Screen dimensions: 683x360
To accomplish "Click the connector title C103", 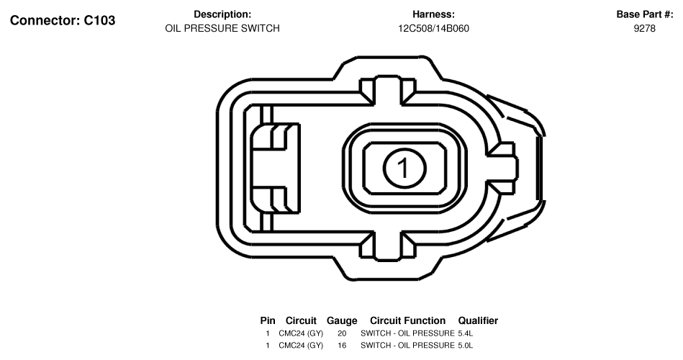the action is click(63, 20).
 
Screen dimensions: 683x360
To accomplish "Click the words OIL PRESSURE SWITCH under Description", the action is click(222, 28).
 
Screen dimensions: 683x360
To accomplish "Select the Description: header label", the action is click(222, 14).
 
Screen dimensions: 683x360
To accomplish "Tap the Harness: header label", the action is click(433, 14).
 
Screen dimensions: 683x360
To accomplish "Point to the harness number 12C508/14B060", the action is click(433, 28).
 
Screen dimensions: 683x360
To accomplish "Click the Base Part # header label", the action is click(645, 14).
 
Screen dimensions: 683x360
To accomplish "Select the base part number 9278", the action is click(645, 28).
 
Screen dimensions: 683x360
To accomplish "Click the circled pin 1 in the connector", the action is click(404, 168).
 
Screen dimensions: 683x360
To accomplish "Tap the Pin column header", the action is click(268, 321).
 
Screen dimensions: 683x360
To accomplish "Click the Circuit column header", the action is click(301, 321).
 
